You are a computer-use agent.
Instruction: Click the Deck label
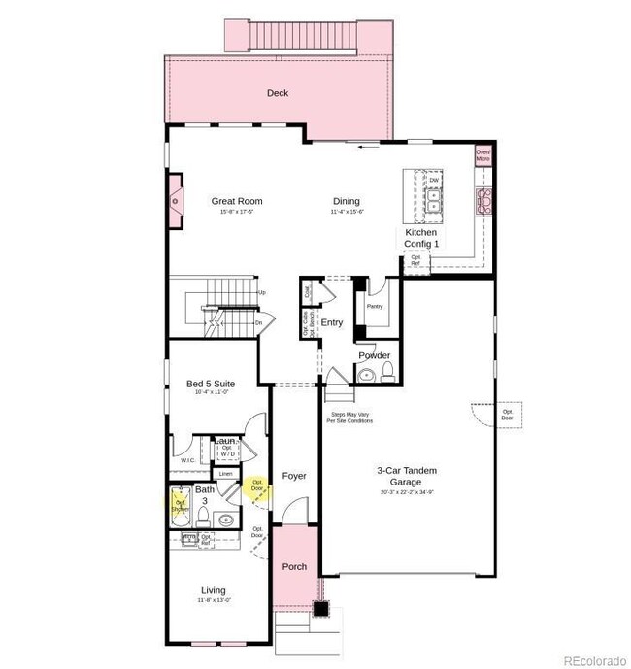click(278, 93)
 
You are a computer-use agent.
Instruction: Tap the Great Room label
click(237, 202)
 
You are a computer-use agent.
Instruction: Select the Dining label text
click(346, 202)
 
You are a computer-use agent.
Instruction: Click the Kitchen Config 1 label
click(421, 238)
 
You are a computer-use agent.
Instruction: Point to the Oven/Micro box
click(482, 155)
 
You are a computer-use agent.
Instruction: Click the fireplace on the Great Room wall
click(175, 202)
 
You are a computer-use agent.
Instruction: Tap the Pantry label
click(375, 307)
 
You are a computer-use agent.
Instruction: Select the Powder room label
click(375, 355)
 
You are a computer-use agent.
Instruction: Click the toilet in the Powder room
click(385, 373)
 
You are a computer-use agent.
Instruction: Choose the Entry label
click(332, 323)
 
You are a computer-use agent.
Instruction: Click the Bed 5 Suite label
click(211, 384)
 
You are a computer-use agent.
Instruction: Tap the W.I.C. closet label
click(188, 460)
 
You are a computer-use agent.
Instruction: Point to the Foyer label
click(294, 476)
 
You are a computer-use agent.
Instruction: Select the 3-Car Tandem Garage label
click(407, 476)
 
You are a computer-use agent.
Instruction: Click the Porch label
click(294, 566)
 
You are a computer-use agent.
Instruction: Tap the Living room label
click(213, 589)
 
